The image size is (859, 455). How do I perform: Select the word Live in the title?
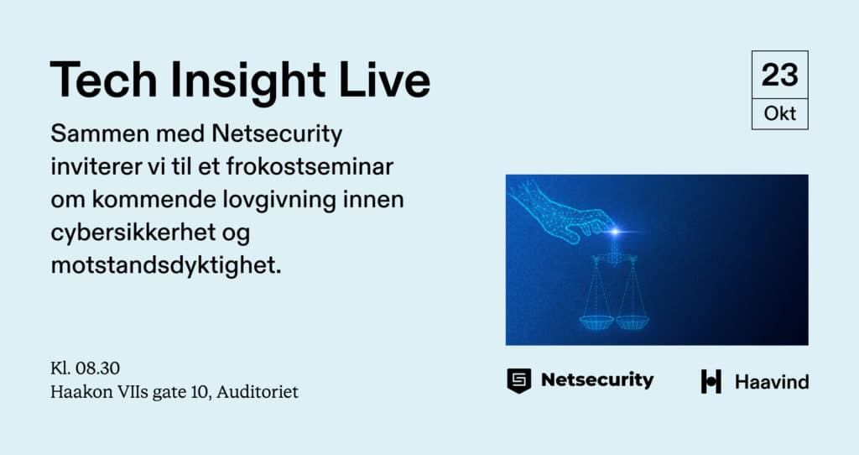384,80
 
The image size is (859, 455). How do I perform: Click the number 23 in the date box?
779,75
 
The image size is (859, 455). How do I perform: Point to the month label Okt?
779,113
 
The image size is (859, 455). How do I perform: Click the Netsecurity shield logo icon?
518,380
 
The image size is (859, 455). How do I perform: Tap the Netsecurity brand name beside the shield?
597,380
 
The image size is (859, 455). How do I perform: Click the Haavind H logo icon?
711,381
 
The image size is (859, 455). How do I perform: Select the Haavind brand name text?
772,382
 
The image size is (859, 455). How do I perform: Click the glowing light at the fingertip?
615,232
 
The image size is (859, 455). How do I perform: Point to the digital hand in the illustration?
559,211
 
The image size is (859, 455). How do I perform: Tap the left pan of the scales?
596,322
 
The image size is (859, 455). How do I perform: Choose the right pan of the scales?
633,322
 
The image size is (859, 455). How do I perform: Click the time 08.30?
97,368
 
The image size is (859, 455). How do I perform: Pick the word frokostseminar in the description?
310,166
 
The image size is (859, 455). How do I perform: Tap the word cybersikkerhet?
133,233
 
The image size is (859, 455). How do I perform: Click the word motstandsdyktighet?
166,266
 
